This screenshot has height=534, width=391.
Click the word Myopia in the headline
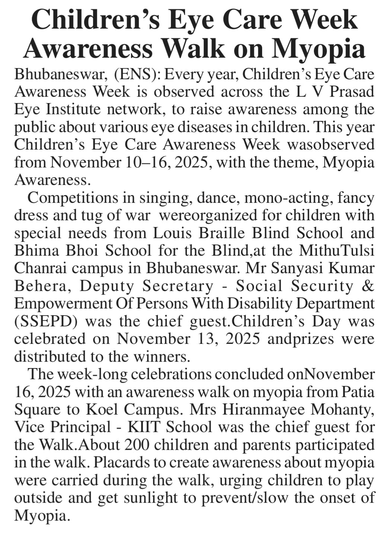(x=319, y=48)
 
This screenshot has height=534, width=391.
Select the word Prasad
(x=352, y=92)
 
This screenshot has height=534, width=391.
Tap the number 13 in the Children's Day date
(x=208, y=339)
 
